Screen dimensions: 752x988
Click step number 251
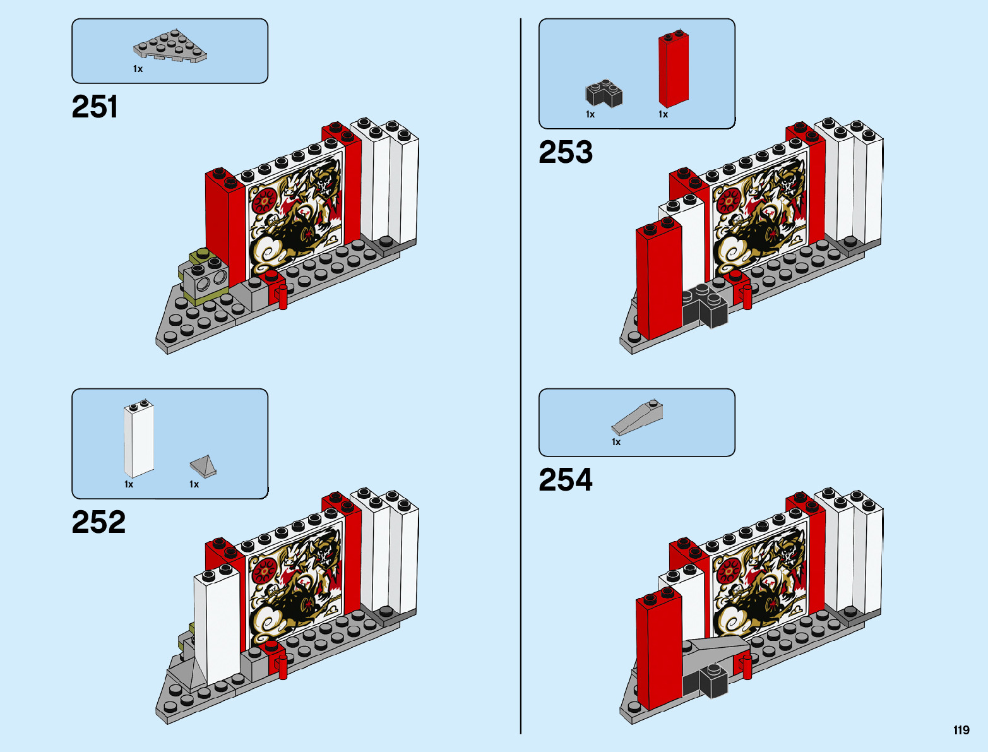coord(95,107)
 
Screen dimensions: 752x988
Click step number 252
coord(98,522)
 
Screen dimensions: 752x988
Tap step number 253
coord(566,152)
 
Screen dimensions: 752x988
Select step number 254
coord(566,480)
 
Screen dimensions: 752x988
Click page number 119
coord(961,731)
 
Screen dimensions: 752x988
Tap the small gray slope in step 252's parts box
coord(204,465)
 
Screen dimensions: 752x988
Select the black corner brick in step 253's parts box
coord(604,93)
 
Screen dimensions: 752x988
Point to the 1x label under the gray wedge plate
coord(138,69)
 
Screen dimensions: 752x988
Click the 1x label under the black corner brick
coord(590,114)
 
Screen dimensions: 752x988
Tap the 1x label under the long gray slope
coord(616,442)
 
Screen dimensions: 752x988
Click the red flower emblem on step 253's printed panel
coord(729,201)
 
